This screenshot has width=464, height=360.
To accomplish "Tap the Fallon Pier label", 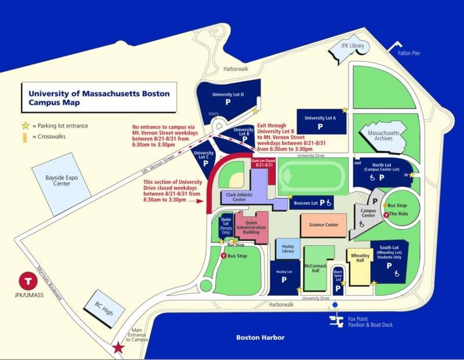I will coord(409,53).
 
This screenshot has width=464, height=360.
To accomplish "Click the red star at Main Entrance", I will coord(118,348).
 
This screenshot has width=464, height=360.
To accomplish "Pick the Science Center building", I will coord(324,225).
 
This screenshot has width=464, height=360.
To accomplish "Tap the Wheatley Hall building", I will coord(360,264).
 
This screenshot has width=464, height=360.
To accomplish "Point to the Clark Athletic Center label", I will coord(239,197).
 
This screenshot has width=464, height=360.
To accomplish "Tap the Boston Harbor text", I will coord(260,337).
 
